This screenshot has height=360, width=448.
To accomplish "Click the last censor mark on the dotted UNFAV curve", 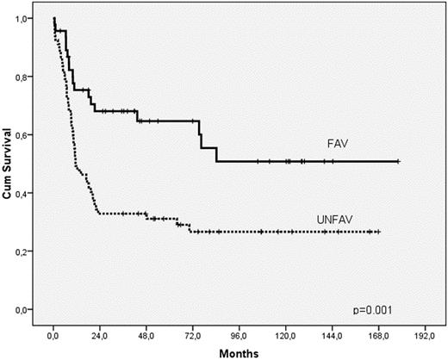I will (x=377, y=233).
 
